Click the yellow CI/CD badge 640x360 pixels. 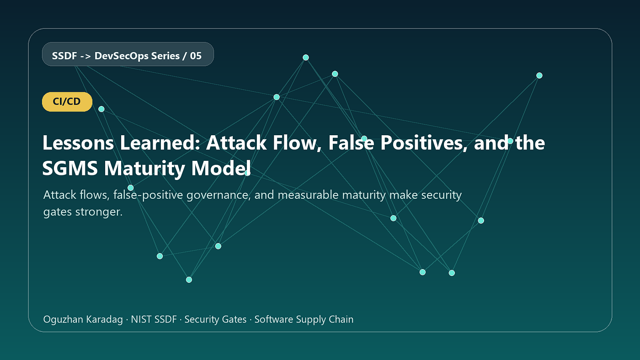67,101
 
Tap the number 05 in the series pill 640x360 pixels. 196,56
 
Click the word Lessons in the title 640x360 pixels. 78,143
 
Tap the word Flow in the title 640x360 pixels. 297,143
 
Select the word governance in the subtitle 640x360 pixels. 219,195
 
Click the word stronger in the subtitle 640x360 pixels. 99,212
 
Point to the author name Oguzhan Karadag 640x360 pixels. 83,319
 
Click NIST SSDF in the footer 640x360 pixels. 154,319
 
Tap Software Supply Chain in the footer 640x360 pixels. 304,319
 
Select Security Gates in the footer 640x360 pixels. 215,319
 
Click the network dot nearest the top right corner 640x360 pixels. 539,75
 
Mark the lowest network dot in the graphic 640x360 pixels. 189,280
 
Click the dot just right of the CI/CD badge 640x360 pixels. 101,109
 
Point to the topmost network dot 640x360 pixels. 306,58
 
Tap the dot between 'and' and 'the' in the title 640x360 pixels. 510,141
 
